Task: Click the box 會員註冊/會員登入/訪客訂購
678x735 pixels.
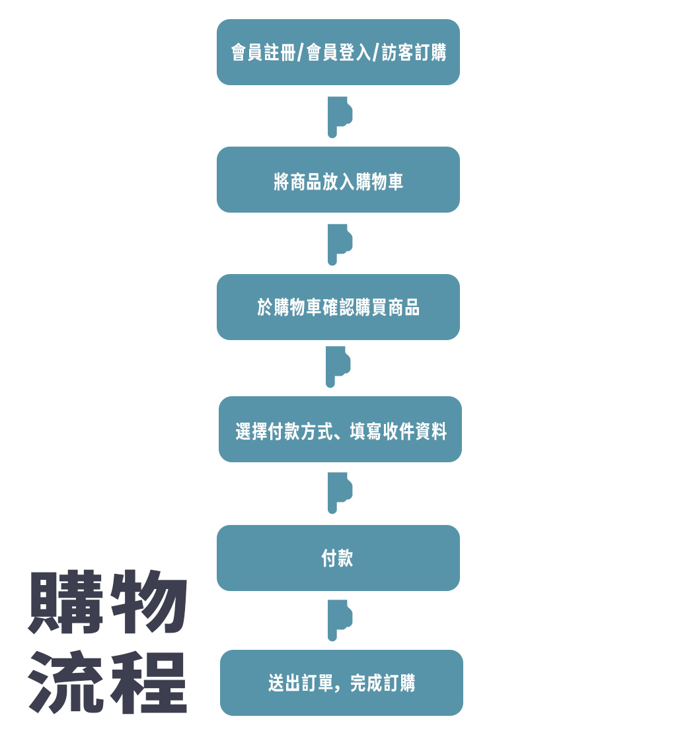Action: point(338,52)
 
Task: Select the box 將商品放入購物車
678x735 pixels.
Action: point(338,180)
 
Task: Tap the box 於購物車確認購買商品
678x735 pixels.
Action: point(338,307)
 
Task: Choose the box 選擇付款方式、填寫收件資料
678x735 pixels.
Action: point(340,429)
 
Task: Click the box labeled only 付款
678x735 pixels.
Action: point(338,558)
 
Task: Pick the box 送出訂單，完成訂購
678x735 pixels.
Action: point(342,683)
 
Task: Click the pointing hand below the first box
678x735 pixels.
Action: point(339,117)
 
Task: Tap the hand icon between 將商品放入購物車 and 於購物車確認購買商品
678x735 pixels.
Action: point(339,245)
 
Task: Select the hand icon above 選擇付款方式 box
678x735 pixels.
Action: point(337,367)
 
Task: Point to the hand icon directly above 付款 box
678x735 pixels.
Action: point(339,493)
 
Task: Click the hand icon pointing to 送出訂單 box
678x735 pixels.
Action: point(339,620)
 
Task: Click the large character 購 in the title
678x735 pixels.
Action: point(65,602)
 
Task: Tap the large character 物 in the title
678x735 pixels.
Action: point(149,602)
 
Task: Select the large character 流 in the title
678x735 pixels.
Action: point(65,682)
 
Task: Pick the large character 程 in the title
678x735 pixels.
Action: point(149,682)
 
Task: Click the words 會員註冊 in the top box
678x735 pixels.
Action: point(263,52)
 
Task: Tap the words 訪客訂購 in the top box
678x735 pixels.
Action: point(414,52)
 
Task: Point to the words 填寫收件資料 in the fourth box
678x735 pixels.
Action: point(398,431)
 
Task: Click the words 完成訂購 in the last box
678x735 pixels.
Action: point(383,683)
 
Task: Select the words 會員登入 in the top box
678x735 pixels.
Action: point(339,52)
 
